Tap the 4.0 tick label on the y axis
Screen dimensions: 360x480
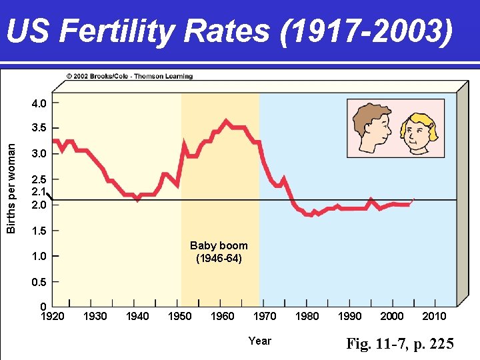coord(39,103)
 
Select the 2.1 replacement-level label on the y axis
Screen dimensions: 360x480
coord(39,192)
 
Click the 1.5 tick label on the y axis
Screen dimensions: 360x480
coord(39,231)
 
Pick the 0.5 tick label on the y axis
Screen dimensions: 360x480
coord(39,282)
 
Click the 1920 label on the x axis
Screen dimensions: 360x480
coord(53,316)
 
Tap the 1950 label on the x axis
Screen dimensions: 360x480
coord(179,316)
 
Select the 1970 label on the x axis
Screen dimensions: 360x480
coord(265,316)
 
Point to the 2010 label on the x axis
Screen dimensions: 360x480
coord(434,316)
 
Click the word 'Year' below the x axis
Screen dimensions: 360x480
coord(259,341)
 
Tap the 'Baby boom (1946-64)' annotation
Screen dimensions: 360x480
coord(219,251)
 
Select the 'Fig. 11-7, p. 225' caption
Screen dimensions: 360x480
coord(400,344)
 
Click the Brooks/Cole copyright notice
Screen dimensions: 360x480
coord(129,76)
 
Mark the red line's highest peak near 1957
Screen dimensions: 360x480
coord(226,121)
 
